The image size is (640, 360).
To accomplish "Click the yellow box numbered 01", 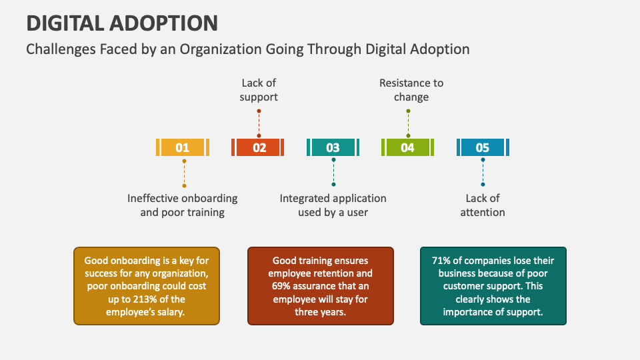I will coord(183,147).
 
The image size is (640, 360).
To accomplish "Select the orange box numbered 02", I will coord(259,147).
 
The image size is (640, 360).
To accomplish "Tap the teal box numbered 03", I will coord(333,147).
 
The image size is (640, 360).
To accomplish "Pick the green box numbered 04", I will coord(407,147).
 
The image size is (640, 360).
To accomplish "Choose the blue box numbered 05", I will coord(483,147).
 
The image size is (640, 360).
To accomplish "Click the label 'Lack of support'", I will coord(259,90).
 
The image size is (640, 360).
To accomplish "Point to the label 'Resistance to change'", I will coord(411,90).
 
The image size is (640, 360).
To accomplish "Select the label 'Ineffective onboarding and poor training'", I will coord(183,205).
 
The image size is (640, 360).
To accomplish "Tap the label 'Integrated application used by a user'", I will coord(333,205).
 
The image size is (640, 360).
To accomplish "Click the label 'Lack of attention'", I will coord(483,205).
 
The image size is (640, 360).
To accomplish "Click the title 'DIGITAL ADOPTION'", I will coord(122,23).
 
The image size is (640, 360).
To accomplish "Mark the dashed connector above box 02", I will coord(259,121).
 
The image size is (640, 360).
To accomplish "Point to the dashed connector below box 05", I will coord(483,172).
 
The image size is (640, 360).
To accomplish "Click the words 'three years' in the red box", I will coord(321,311).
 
